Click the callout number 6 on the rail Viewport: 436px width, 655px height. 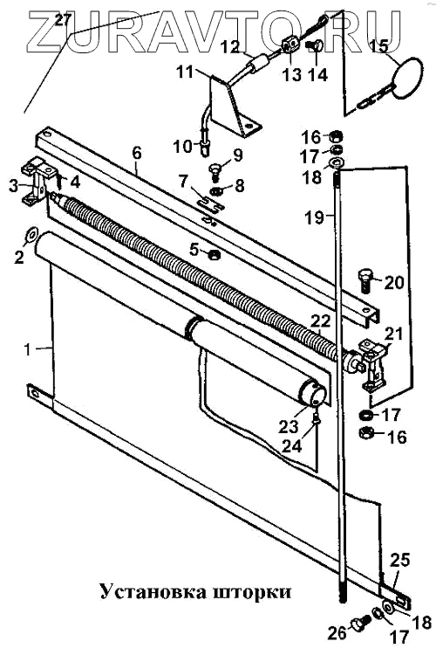(137, 154)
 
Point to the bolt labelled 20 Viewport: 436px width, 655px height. (364, 281)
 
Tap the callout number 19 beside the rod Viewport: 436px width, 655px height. (314, 217)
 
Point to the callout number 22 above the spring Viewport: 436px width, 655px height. (320, 321)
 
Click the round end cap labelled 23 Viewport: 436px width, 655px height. (313, 394)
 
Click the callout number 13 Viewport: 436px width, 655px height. (291, 75)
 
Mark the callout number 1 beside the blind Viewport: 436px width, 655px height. (28, 348)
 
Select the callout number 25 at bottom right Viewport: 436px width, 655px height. (399, 560)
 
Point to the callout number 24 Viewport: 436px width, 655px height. (291, 445)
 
